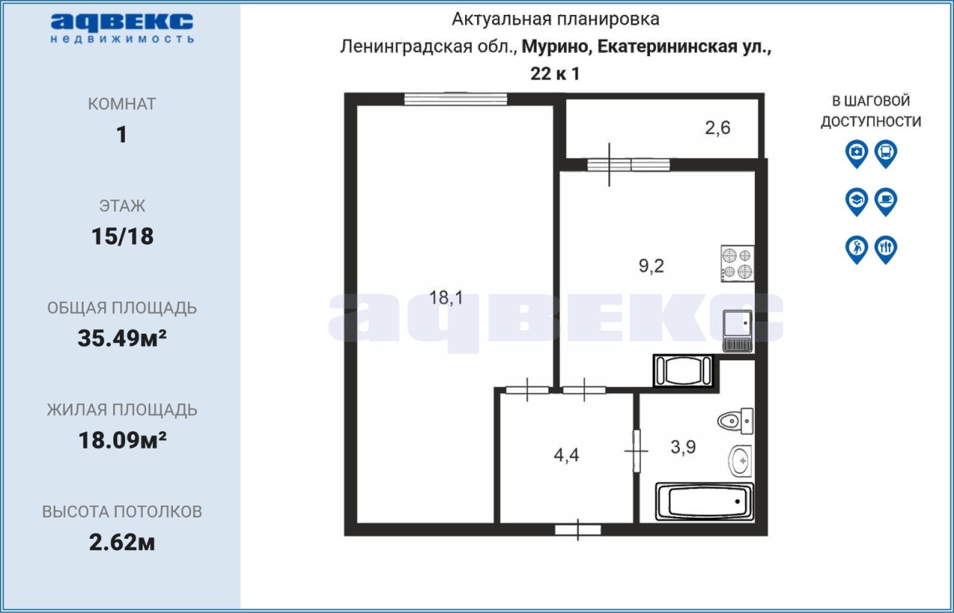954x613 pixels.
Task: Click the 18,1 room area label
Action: (x=446, y=298)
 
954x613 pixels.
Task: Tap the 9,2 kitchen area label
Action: (x=651, y=266)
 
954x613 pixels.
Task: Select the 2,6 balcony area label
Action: (x=718, y=128)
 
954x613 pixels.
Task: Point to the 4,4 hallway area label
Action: (x=566, y=455)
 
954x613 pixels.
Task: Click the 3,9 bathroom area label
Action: (x=683, y=447)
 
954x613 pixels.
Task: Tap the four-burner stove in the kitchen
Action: (x=738, y=263)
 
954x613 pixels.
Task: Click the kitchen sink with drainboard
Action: (x=738, y=331)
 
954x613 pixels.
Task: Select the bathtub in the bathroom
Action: (x=704, y=502)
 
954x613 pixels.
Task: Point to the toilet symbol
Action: (x=736, y=421)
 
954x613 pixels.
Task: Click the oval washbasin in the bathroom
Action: (x=740, y=462)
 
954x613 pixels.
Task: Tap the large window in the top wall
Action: (x=455, y=99)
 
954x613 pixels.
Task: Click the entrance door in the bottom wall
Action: (x=578, y=530)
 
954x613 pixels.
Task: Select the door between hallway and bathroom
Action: (x=636, y=451)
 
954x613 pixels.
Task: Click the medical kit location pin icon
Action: (x=856, y=154)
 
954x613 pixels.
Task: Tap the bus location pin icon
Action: (x=886, y=154)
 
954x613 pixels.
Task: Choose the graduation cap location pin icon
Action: (x=856, y=201)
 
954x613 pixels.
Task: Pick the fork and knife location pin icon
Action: (x=886, y=250)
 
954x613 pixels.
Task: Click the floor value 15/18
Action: (x=122, y=236)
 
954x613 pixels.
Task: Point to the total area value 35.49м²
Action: (x=122, y=339)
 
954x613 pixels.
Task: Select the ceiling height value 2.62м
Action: (x=122, y=543)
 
